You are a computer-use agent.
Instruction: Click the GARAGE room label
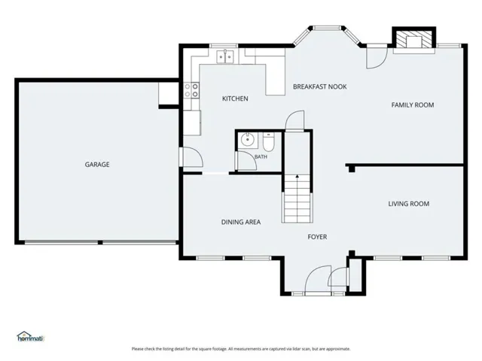[x=97, y=165]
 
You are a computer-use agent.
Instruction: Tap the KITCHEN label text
[x=235, y=99]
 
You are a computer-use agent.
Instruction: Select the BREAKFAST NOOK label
[x=319, y=87]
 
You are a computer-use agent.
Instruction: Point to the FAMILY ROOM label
[x=413, y=105]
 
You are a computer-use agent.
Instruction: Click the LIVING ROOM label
[x=408, y=204]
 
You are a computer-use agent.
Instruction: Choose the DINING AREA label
[x=241, y=222]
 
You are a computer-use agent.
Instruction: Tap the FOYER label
[x=317, y=237]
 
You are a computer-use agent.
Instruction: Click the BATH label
[x=261, y=157]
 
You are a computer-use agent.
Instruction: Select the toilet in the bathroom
[x=269, y=142]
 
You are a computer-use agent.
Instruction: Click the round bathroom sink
[x=247, y=140]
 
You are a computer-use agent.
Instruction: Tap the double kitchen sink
[x=225, y=57]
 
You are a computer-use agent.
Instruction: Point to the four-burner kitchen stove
[x=191, y=90]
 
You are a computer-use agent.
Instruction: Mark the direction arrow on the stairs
[x=297, y=176]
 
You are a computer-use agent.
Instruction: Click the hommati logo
[x=31, y=336]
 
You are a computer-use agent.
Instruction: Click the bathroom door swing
[x=248, y=160]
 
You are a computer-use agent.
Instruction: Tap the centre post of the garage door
[x=100, y=242]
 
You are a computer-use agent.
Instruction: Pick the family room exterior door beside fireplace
[x=377, y=56]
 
